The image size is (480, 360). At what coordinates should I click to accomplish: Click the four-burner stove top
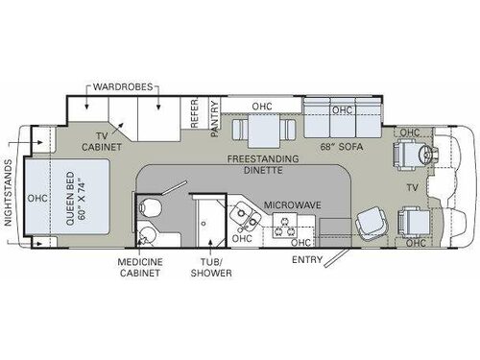click(286, 227)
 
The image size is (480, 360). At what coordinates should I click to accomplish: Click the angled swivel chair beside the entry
click(368, 225)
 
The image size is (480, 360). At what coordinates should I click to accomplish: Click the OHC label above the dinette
click(261, 107)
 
